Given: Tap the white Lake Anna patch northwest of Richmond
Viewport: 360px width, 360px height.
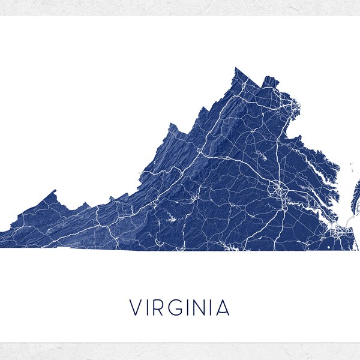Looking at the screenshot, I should [262, 158].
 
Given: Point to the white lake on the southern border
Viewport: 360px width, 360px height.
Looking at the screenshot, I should [226, 245].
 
